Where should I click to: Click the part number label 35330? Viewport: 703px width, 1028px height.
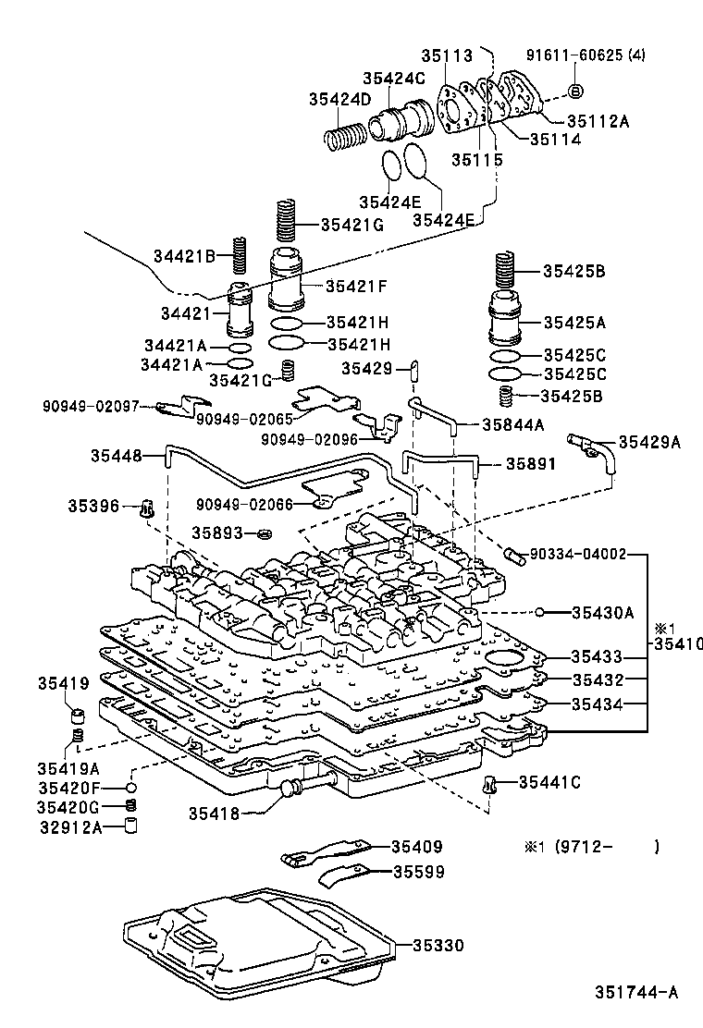coord(438,945)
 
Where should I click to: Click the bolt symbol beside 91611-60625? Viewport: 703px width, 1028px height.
coord(574,90)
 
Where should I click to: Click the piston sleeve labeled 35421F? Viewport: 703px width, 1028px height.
coord(287,281)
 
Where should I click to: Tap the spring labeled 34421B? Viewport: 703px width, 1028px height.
coord(239,256)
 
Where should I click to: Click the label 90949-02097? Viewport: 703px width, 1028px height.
coord(91,405)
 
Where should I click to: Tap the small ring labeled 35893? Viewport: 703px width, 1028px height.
coord(265,533)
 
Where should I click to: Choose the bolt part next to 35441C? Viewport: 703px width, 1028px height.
coord(489,786)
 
